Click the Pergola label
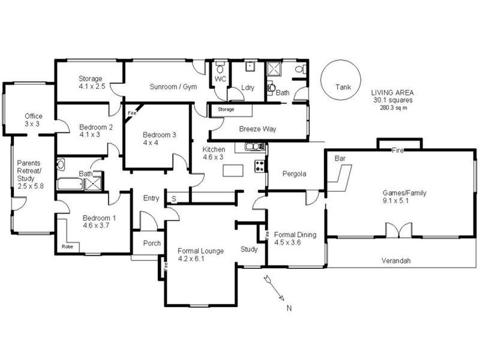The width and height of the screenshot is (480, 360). point(295,174)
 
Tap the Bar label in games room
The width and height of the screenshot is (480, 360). point(340,160)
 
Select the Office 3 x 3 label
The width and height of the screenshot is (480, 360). point(33,119)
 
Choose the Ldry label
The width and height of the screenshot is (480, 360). point(248,88)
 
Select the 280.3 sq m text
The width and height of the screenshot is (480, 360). point(393,108)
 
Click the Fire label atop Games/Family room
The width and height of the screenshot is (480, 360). point(397,151)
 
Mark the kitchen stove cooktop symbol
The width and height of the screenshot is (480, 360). point(260,166)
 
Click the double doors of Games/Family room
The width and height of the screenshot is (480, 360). point(398,230)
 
